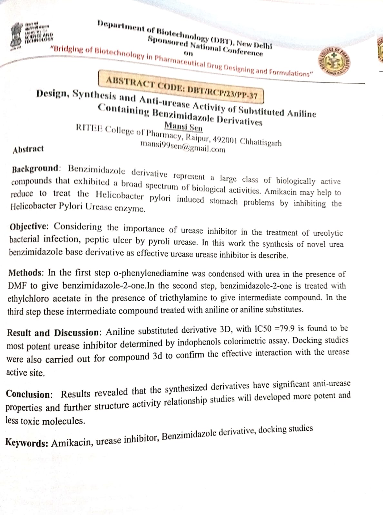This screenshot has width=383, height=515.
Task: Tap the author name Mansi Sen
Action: [183, 127]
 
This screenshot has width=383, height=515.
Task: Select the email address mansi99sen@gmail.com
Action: [183, 147]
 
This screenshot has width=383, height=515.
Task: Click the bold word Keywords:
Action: [27, 443]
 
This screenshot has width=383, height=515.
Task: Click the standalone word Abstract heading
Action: [28, 149]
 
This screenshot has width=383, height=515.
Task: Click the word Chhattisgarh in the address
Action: [261, 142]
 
